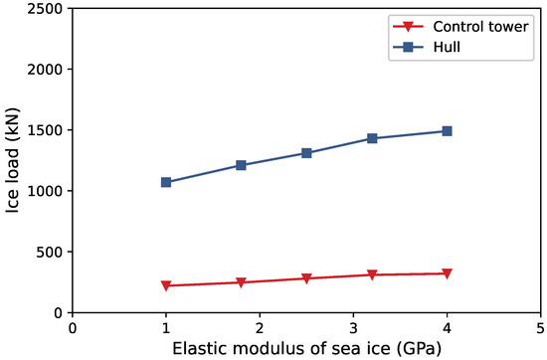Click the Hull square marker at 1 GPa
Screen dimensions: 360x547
click(x=166, y=182)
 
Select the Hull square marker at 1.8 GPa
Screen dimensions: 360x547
click(x=241, y=165)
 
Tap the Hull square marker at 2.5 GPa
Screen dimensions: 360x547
click(x=306, y=153)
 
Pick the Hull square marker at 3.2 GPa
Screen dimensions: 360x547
click(x=372, y=138)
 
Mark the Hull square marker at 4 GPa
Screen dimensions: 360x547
click(x=447, y=130)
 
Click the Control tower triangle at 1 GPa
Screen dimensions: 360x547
click(x=166, y=285)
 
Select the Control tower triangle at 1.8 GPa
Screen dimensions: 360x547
click(x=241, y=282)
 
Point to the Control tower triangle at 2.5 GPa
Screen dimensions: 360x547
click(x=306, y=278)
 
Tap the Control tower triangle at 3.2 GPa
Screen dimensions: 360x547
click(x=372, y=274)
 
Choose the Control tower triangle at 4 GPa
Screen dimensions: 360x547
click(x=447, y=273)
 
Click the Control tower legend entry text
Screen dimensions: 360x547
click(x=482, y=24)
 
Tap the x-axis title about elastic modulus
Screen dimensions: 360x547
click(x=305, y=348)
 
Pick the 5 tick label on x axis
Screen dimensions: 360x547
click(x=540, y=327)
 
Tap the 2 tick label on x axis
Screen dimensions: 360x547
click(x=260, y=327)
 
